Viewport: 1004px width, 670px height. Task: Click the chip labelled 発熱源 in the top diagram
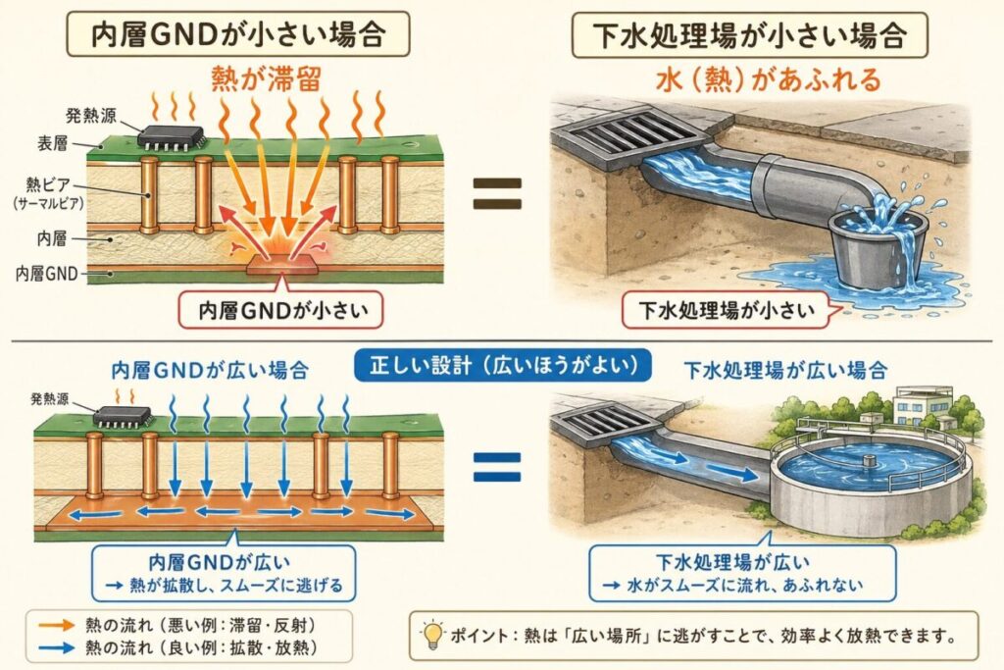click(170, 136)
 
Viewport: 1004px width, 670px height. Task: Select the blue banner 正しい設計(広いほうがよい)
click(505, 365)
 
